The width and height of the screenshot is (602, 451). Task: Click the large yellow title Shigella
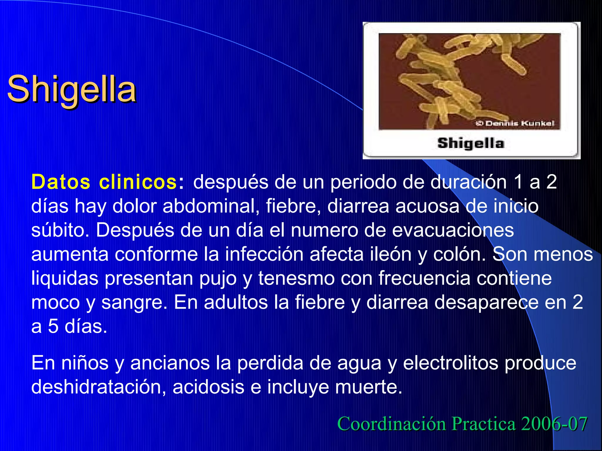tap(71, 89)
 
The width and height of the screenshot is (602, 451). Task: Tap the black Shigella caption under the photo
tap(471, 144)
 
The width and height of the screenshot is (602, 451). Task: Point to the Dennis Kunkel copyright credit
tap(515, 123)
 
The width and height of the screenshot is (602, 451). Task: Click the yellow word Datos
tap(61, 182)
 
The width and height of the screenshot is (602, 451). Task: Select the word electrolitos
tap(451, 363)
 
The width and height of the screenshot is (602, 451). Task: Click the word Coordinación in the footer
tap(392, 424)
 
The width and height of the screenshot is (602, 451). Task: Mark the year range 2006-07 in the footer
tap(554, 424)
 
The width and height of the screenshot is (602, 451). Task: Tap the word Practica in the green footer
tap(484, 424)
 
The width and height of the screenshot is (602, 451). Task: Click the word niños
tap(85, 363)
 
